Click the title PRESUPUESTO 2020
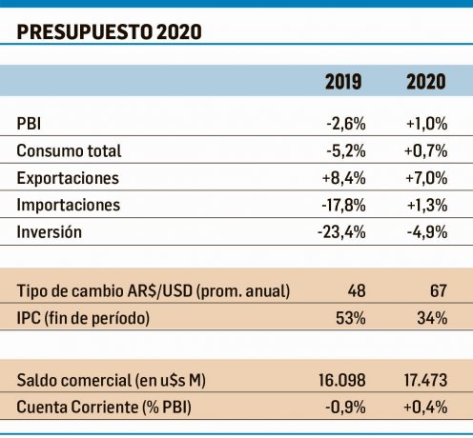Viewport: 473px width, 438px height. coord(109,31)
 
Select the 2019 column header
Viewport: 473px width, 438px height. coord(343,82)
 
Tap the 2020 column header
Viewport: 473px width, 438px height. coord(426,82)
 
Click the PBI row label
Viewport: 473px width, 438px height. coord(29,123)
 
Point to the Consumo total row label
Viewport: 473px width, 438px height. coord(69,150)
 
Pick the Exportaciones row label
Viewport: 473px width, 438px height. coord(68,178)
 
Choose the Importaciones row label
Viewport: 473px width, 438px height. coord(69,205)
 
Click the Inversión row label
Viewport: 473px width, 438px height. coord(50,231)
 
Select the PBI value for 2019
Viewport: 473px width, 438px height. coord(346,123)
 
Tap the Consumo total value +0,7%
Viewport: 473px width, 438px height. coord(426,150)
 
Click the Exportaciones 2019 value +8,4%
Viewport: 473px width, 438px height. coord(344,178)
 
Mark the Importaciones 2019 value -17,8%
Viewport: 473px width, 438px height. coord(343,205)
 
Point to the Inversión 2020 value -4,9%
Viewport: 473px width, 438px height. coord(427,232)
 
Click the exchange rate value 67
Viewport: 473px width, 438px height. coord(439,290)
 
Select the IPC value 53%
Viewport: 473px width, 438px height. coord(351,318)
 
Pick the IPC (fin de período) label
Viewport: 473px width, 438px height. coord(83,318)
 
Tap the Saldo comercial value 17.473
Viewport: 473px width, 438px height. coord(425,380)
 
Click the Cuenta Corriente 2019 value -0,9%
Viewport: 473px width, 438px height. coord(345,408)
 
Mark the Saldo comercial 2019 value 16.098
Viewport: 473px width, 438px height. coord(342,380)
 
